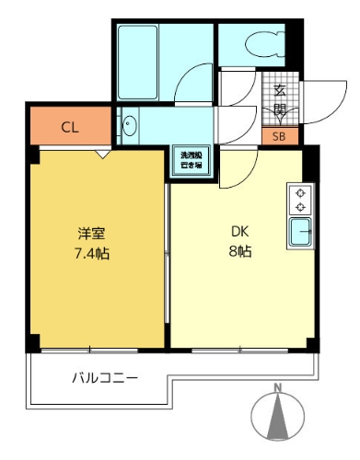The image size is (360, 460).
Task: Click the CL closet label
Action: click(x=69, y=128)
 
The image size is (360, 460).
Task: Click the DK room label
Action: click(x=239, y=233)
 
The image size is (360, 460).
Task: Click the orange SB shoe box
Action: click(x=279, y=136)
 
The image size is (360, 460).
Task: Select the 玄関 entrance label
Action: click(x=279, y=100)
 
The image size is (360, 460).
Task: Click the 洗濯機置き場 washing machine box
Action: click(x=192, y=161)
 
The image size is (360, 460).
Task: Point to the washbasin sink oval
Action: click(x=130, y=127)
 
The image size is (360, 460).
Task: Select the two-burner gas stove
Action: click(x=299, y=198)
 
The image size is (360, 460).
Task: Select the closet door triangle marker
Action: click(x=105, y=155)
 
